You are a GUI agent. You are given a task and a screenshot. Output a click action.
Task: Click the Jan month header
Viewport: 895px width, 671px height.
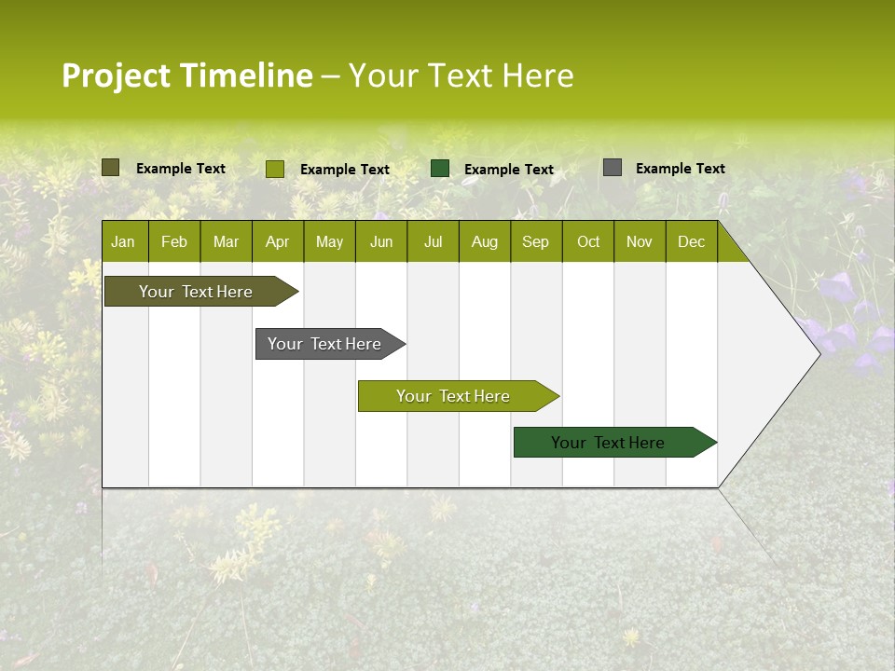click(x=124, y=241)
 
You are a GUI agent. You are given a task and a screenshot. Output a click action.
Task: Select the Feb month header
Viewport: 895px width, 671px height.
click(x=174, y=241)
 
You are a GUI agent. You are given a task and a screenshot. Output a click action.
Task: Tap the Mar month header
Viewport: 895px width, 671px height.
click(x=226, y=241)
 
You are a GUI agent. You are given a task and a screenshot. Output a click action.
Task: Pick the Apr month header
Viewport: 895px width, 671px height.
click(x=278, y=241)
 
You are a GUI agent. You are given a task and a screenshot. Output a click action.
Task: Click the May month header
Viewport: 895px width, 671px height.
click(x=329, y=241)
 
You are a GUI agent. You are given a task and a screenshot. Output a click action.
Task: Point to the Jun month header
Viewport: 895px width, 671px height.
click(x=381, y=241)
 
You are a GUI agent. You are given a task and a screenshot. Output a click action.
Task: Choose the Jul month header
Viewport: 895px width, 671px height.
click(x=433, y=241)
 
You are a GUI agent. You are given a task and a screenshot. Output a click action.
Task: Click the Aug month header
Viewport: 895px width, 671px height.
click(x=485, y=241)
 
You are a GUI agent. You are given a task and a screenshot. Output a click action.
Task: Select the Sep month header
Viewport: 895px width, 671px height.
click(x=536, y=241)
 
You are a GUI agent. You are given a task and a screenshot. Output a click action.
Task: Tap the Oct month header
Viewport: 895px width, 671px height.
click(x=588, y=241)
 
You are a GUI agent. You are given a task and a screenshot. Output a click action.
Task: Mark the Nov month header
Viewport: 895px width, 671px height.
click(x=640, y=241)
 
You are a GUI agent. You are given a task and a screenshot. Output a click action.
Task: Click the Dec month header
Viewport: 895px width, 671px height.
click(x=692, y=241)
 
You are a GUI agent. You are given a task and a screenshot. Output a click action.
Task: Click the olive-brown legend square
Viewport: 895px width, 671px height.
click(x=111, y=168)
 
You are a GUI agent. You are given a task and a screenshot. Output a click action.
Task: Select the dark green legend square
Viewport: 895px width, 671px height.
click(x=440, y=168)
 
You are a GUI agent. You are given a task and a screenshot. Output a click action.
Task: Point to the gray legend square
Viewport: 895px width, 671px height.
click(x=613, y=168)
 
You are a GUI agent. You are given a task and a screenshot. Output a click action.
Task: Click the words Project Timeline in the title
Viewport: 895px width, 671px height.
click(x=186, y=75)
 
